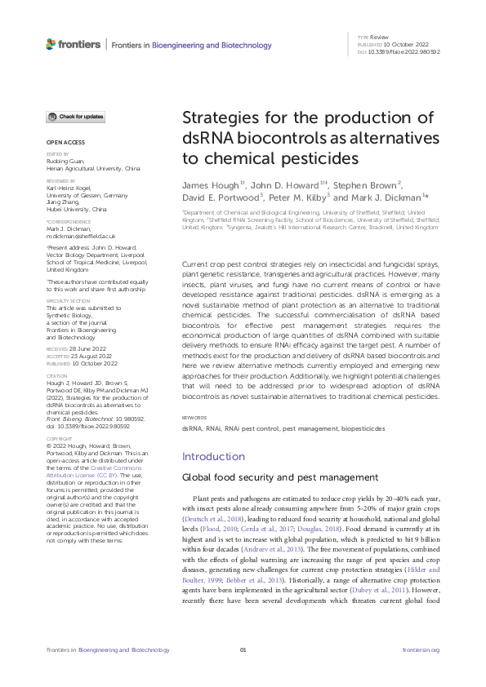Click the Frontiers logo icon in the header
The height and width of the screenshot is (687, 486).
(x=51, y=46)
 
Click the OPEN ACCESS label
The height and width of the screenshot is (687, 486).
(x=62, y=142)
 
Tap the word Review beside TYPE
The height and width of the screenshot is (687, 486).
(x=380, y=38)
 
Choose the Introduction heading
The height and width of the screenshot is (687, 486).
(x=212, y=456)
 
